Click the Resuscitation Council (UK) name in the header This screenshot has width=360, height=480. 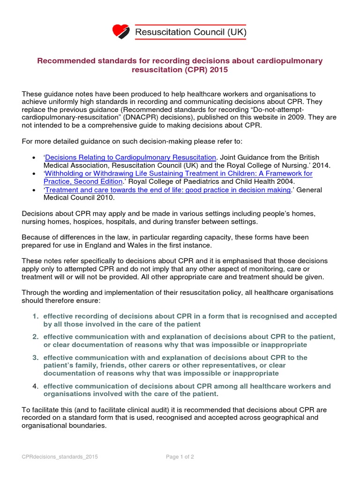point(190,32)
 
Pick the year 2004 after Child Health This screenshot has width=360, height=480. point(285,181)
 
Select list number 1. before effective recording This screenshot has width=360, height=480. point(36,316)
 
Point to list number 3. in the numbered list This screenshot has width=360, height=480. point(36,357)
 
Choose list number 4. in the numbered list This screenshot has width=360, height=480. point(36,386)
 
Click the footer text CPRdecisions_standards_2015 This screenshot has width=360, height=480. point(60,457)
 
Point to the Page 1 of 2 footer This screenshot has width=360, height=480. point(180,457)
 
